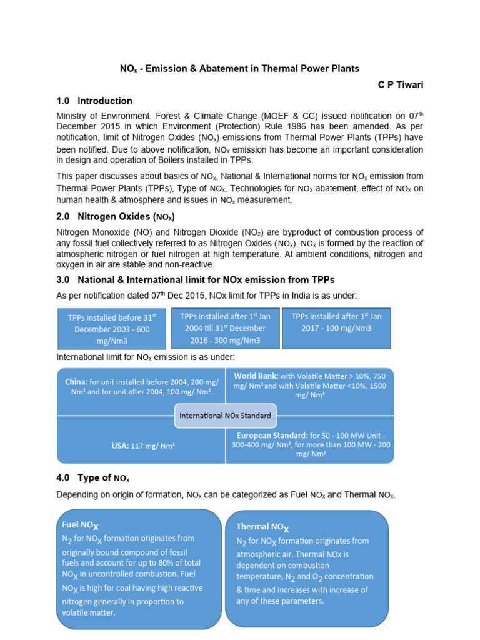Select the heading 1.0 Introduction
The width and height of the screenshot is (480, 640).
click(x=94, y=101)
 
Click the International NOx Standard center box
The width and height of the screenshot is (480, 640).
click(x=225, y=415)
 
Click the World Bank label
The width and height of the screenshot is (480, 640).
click(x=256, y=376)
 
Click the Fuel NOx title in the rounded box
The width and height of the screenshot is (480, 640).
click(x=80, y=526)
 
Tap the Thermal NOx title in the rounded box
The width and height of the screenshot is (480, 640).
click(x=261, y=527)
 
